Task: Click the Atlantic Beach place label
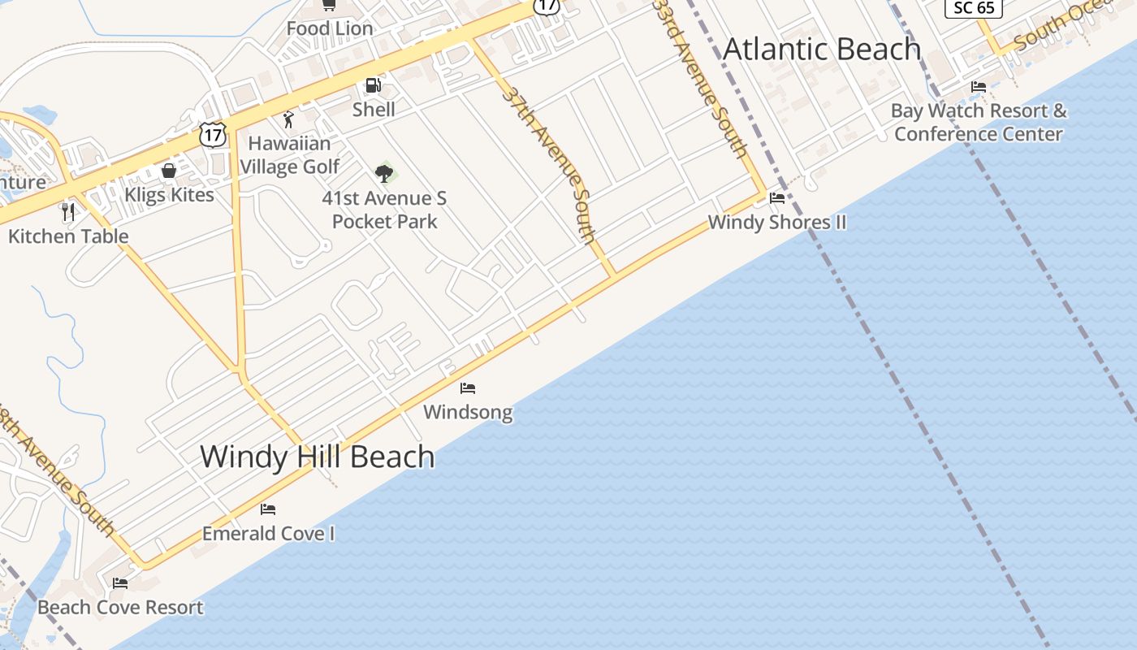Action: [821, 49]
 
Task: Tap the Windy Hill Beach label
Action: [317, 457]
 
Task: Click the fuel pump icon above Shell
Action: [373, 85]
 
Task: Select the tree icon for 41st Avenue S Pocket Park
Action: [384, 173]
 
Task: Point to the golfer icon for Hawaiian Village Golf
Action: [288, 119]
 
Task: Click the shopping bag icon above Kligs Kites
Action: [169, 171]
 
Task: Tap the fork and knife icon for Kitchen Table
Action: [68, 212]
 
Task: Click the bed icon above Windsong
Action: [468, 388]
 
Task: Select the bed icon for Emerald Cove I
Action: [268, 509]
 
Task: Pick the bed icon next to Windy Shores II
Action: [777, 197]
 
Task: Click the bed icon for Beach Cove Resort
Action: [120, 583]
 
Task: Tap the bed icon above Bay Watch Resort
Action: [979, 87]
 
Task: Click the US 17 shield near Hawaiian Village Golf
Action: [213, 135]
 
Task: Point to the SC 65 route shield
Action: [974, 7]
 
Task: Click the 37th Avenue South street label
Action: [550, 164]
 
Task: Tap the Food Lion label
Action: [330, 28]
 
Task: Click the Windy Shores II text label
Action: [776, 222]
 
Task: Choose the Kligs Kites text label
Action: [169, 195]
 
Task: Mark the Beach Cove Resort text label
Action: [120, 607]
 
